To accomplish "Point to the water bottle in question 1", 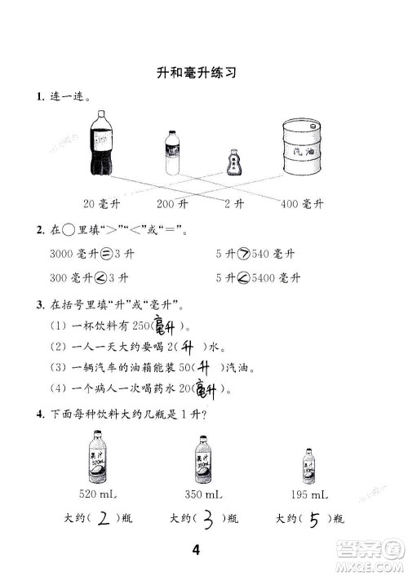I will tap(172, 153).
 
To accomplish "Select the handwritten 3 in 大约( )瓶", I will tap(207, 517).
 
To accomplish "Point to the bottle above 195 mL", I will tap(309, 466).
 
